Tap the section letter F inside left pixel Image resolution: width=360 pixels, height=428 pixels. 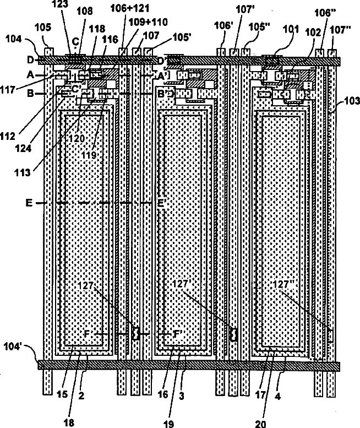tap(86, 334)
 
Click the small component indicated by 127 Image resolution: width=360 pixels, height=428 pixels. tap(134, 333)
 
